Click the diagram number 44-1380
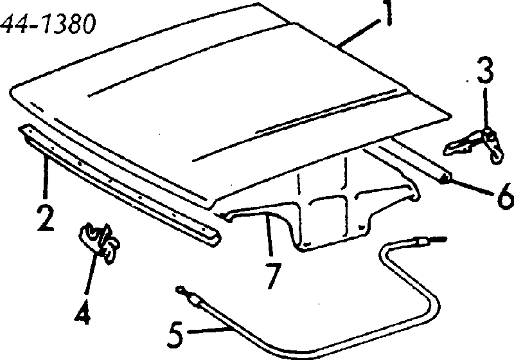coord(48,24)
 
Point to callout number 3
coord(485,69)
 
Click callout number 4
coord(82,312)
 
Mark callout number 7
coord(272,276)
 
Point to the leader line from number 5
coord(210,330)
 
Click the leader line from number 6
coord(472,187)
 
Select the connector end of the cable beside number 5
coord(190,295)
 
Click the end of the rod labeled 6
coord(445,178)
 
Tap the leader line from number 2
coord(46,178)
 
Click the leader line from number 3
coord(486,108)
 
